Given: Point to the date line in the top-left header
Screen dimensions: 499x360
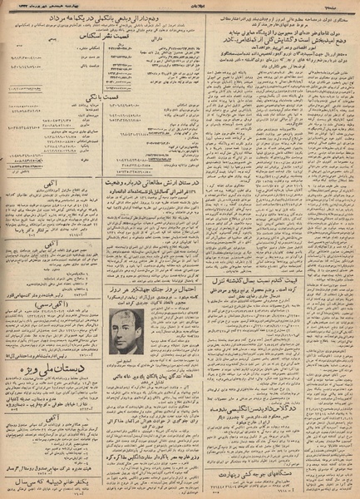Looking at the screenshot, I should (50, 7).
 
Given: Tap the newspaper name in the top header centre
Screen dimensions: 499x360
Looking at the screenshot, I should (180, 7).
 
